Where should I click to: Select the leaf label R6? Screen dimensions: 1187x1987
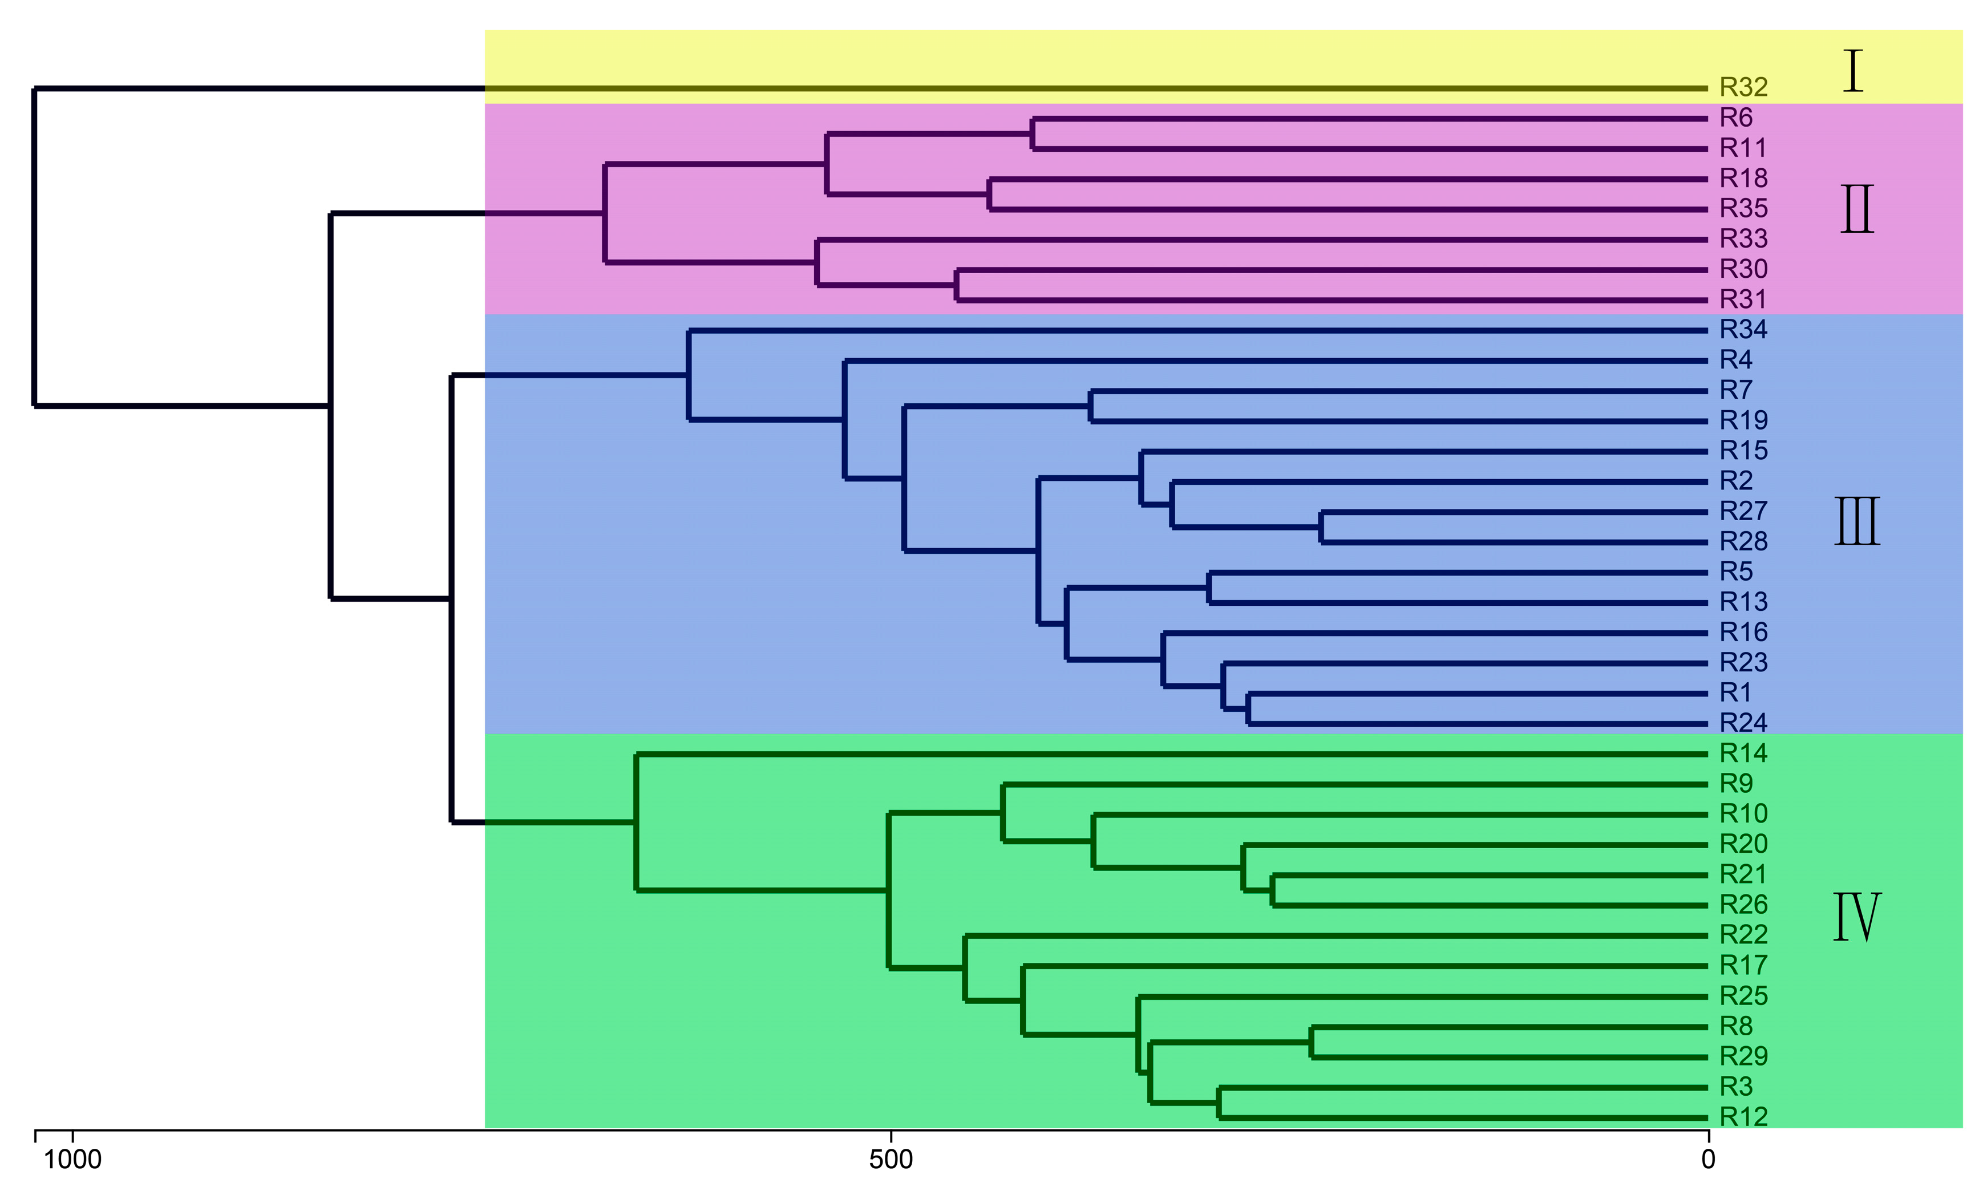click(1736, 118)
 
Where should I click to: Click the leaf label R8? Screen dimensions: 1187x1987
click(1736, 1026)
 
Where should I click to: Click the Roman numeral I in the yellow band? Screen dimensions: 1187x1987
click(1852, 71)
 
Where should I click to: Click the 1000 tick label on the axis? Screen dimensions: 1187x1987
click(73, 1159)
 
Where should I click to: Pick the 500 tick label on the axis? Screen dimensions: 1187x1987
click(891, 1159)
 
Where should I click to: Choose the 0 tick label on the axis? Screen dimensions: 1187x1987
click(1709, 1159)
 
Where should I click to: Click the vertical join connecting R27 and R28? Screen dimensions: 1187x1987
click(1321, 527)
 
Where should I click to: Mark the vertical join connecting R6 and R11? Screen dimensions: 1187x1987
click(1033, 133)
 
